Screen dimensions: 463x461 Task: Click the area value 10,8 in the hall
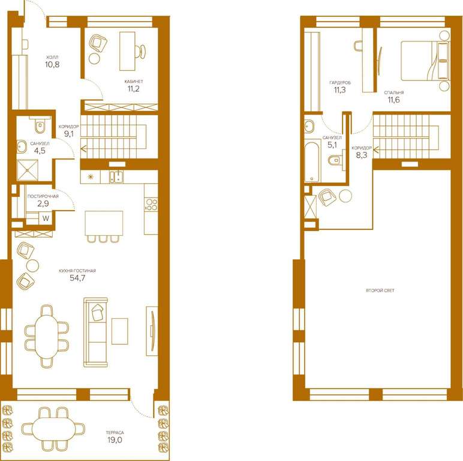[52, 64]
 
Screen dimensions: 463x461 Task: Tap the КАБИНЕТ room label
[134, 81]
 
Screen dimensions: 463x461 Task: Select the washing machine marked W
[46, 218]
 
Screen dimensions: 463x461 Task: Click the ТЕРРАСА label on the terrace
[115, 433]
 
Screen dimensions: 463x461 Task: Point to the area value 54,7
[77, 278]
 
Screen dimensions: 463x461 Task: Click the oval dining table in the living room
[47, 337]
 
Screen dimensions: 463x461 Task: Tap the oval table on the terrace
[53, 429]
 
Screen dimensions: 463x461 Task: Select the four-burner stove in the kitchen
[151, 205]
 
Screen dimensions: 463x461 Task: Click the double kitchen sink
[116, 176]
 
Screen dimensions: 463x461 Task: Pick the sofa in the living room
[95, 332]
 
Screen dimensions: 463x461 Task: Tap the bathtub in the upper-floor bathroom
[312, 162]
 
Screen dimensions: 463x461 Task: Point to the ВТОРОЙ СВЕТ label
[380, 291]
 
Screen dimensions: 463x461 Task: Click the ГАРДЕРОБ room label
[340, 83]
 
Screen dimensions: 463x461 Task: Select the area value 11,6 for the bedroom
[394, 100]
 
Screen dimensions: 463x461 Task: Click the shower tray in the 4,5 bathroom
[28, 170]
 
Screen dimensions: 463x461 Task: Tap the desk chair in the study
[140, 52]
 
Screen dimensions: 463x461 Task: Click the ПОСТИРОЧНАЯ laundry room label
[43, 196]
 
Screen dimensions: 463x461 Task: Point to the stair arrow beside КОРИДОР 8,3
[376, 150]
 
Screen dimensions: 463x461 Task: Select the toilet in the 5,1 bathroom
[335, 160]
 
